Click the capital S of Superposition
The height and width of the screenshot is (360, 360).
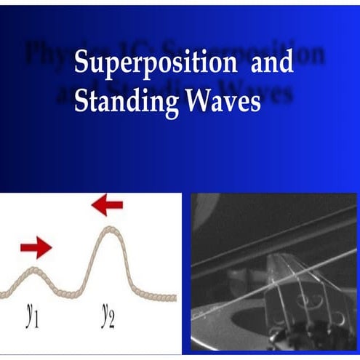pyautogui.click(x=81, y=63)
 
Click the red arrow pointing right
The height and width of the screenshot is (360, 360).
pyautogui.click(x=36, y=248)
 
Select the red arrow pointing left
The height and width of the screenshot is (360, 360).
pyautogui.click(x=107, y=206)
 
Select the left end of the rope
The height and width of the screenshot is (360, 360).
pyautogui.click(x=3, y=295)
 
